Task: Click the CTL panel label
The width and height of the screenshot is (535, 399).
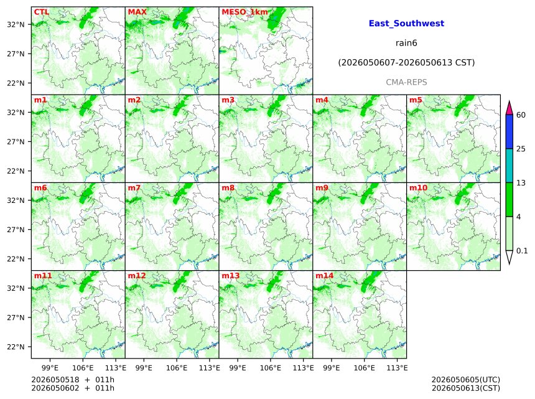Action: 41,12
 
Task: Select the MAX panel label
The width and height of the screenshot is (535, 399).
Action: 137,12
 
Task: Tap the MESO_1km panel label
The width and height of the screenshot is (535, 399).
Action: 244,12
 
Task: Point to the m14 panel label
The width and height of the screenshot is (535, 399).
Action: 324,276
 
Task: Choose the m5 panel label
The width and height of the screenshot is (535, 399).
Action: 416,100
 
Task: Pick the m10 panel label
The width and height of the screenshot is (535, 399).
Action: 418,188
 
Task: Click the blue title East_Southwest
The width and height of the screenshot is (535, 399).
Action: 406,23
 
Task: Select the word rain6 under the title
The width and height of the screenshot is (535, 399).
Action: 406,43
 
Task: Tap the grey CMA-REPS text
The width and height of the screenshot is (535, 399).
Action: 406,82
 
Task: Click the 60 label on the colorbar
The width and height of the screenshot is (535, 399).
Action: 521,115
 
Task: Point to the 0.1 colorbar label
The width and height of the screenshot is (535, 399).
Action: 522,251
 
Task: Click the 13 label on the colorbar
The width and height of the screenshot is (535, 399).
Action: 521,183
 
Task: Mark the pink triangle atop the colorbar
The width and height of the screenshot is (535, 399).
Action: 509,108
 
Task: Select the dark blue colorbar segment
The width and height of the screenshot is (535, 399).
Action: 509,132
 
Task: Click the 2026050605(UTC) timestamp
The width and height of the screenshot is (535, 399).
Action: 466,380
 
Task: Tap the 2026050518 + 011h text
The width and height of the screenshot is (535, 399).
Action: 73,380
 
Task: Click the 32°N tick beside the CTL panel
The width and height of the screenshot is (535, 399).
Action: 16,24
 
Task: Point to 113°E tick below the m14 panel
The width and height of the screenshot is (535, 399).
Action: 398,368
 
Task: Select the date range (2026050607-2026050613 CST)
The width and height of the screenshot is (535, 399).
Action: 406,63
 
